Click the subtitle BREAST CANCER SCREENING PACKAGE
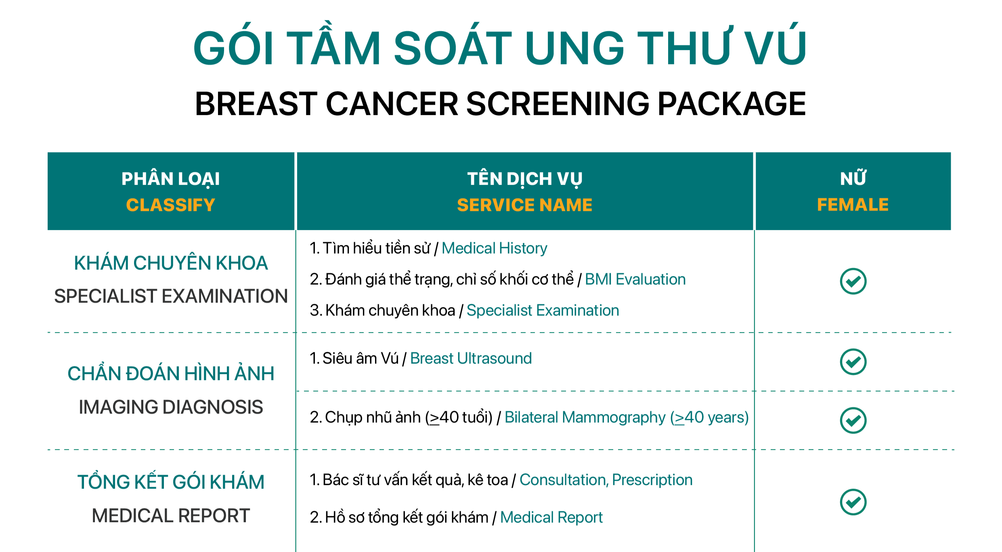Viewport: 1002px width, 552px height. [500, 104]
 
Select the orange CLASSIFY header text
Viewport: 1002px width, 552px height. [170, 205]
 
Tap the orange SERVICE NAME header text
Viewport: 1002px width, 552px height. [524, 205]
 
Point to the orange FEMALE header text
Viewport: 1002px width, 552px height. [853, 205]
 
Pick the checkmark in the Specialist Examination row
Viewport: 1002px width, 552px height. [853, 281]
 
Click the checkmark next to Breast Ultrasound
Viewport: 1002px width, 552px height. [853, 362]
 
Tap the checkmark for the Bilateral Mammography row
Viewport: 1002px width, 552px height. [853, 420]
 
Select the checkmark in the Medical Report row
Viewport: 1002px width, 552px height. [853, 502]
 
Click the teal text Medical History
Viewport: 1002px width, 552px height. [494, 248]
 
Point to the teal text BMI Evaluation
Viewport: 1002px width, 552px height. [635, 279]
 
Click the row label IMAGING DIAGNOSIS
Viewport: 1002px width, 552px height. [171, 407]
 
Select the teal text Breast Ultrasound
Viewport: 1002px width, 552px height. [471, 358]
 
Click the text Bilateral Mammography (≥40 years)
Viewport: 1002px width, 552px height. [627, 417]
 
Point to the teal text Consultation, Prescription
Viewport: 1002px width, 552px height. [606, 480]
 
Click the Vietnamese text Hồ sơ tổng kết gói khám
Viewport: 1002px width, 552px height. [407, 517]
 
